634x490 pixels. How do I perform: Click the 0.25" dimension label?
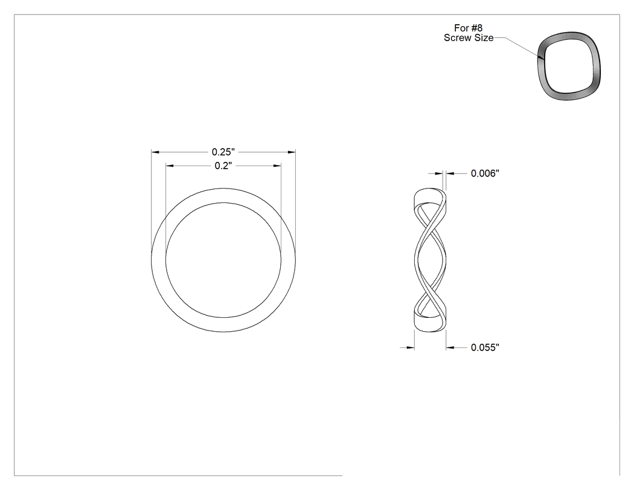(x=223, y=152)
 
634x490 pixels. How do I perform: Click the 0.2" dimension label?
(x=223, y=166)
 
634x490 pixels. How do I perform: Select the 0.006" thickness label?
(x=485, y=173)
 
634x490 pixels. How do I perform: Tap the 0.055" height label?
(x=485, y=347)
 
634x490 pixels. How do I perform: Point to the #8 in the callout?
(x=477, y=28)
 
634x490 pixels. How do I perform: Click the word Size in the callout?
(x=482, y=38)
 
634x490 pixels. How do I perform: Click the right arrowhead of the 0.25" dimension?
(x=292, y=152)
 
